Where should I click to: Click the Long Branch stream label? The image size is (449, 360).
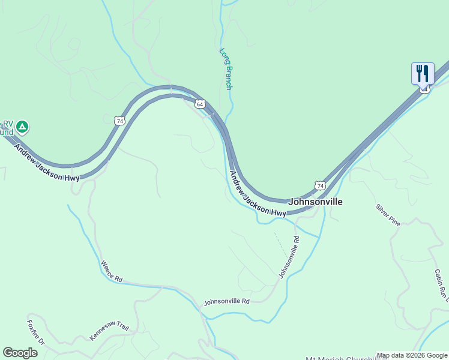226,69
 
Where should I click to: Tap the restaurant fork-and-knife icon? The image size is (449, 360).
423,74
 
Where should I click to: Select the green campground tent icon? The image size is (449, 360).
22,127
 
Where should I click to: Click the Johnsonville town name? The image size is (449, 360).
315,202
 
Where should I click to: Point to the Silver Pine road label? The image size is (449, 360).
388,215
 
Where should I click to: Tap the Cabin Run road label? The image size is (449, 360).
441,285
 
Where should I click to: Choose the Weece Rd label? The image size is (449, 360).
112,272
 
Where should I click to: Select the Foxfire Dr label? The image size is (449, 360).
35,332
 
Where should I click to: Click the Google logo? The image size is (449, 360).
20,353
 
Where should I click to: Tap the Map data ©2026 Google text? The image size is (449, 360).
412,356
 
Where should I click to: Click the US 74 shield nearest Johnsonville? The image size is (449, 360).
320,186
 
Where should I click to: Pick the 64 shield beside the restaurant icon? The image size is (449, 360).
424,89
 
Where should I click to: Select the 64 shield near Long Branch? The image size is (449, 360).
200,104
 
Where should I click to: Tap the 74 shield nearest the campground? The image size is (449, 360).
121,121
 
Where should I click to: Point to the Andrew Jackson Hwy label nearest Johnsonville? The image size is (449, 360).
258,194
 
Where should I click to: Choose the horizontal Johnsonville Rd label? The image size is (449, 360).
226,301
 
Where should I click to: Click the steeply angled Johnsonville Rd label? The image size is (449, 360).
289,257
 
